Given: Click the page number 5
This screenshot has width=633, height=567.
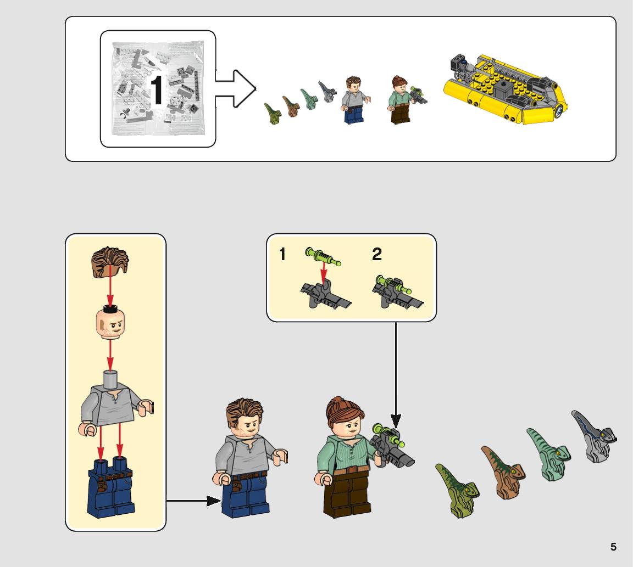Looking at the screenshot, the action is coord(613,547).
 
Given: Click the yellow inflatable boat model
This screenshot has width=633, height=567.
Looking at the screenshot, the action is coord(505,89).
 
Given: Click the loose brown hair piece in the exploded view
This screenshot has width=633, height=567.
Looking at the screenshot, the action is coord(110,262).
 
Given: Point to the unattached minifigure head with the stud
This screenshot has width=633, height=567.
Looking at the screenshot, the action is coord(110,323).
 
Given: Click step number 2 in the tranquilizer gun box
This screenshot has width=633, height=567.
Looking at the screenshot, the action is coord(376,254).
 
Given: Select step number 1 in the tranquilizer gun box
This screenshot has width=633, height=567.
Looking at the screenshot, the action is coord(282,254).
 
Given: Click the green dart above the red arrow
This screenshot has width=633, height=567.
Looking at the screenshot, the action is coord(323,256).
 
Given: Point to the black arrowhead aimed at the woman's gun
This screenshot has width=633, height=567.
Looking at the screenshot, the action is coord(396,421).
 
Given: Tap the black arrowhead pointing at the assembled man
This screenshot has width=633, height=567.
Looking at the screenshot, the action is coord(214,501).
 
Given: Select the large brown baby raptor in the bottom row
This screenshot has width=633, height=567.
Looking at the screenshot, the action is coord(503,472).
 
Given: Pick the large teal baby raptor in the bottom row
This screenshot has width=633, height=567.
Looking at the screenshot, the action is coord(548,454).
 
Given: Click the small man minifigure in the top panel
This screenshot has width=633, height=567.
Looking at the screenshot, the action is coord(355,100).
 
